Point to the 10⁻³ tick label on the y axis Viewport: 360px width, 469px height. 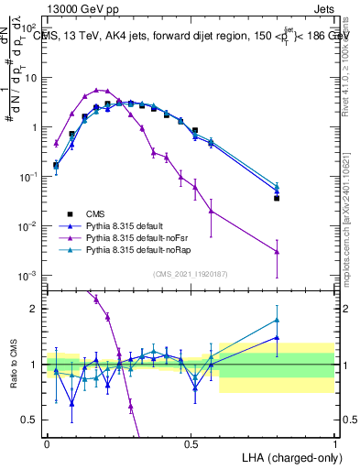[30, 276]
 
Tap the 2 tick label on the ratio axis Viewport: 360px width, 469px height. [36, 309]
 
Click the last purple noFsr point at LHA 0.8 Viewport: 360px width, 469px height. [277, 251]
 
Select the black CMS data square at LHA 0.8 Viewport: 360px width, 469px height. [277, 198]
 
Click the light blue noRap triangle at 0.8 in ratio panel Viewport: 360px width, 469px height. [277, 321]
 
